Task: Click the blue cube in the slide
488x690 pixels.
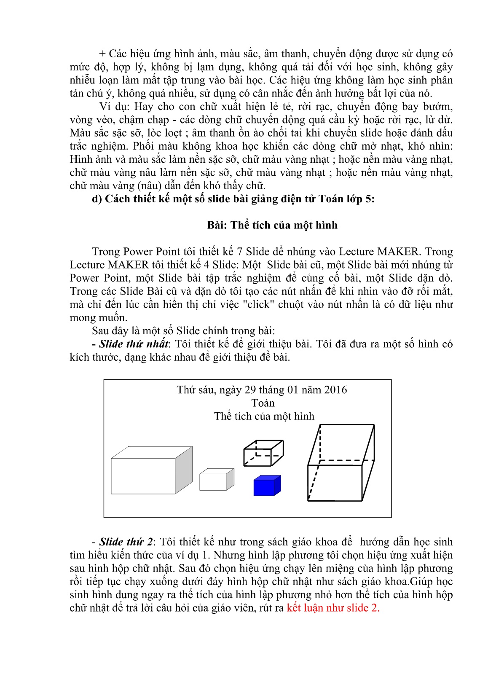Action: [266, 486]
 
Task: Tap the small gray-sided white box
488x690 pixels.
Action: [216, 480]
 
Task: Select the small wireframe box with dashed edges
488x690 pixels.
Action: [263, 453]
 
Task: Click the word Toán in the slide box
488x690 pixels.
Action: [263, 403]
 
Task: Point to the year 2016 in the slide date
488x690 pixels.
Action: [335, 390]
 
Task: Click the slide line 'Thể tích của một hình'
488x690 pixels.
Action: [264, 416]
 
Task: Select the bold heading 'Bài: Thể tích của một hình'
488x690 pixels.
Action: [272, 225]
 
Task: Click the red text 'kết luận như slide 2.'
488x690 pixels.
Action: [333, 608]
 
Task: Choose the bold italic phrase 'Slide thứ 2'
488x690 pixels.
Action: [126, 542]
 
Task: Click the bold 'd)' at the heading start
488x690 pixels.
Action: [97, 199]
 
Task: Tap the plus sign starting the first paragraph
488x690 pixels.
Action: [102, 54]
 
